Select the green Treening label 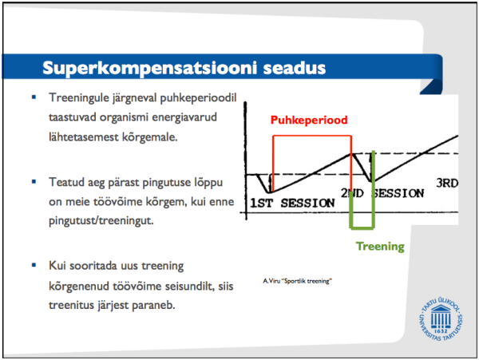click(380, 247)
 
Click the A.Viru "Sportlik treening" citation click(296, 281)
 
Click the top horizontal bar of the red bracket click(312, 136)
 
